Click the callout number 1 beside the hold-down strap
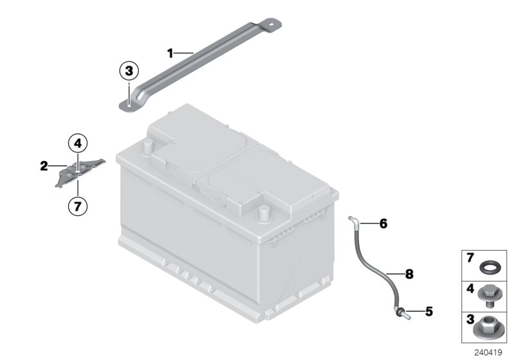[x=170, y=53]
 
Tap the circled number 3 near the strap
[x=129, y=71]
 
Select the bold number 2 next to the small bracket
[x=44, y=166]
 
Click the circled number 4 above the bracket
[x=77, y=143]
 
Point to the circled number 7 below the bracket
[x=77, y=206]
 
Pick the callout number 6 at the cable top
[x=383, y=224]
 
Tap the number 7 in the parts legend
[x=469, y=258]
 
